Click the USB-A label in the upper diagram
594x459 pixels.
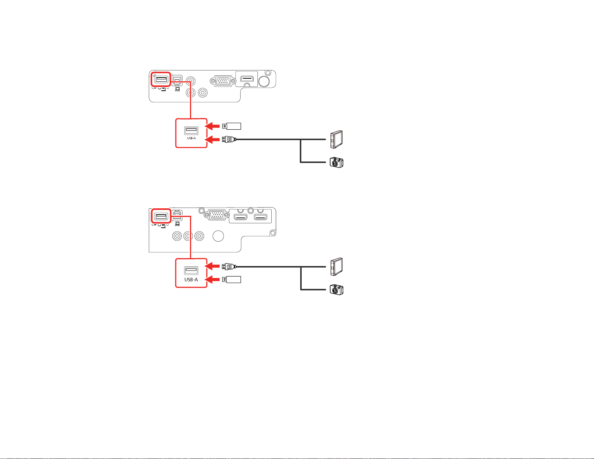tap(192, 138)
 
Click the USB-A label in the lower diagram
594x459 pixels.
tap(191, 280)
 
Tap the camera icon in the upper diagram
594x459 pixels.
tap(337, 162)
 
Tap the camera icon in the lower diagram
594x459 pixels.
tap(337, 290)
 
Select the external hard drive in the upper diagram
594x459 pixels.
tap(337, 139)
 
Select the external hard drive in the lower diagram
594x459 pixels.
tap(337, 267)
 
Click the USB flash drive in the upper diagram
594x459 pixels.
tap(232, 126)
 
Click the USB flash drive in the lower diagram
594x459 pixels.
tap(232, 280)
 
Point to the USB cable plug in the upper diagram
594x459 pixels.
tap(229, 139)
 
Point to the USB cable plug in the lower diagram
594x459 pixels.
tap(229, 266)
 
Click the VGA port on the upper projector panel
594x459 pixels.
tap(223, 81)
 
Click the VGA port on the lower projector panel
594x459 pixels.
tap(217, 215)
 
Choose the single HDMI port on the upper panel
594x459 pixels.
tap(247, 79)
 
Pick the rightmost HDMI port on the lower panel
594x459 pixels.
tap(260, 217)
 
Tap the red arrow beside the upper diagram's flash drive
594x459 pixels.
tap(212, 126)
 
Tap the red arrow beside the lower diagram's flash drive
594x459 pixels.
tap(212, 280)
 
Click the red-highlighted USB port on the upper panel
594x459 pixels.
tap(161, 79)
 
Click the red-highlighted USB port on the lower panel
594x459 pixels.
tap(161, 216)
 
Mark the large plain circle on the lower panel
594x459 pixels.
tap(218, 236)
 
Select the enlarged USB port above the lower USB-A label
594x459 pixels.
tap(191, 271)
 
